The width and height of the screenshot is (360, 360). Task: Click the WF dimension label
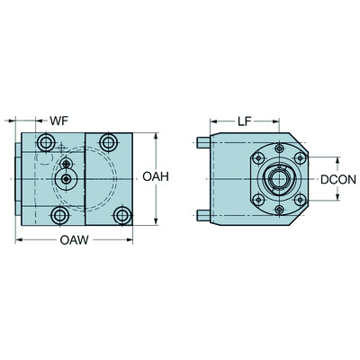[x=59, y=120]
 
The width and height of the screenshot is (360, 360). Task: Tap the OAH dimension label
[x=157, y=177]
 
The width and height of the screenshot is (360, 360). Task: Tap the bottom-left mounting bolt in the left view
[x=59, y=216]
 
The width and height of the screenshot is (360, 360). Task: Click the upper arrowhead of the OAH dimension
[x=157, y=138]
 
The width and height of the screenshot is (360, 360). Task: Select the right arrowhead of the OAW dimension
[x=132, y=238]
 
